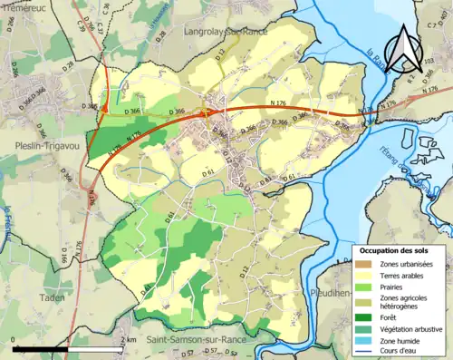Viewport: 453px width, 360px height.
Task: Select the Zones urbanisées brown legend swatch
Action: [x=368, y=264]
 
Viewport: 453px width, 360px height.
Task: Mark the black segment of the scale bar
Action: [x=41, y=347]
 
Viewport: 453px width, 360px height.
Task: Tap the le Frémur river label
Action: [x=6, y=223]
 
